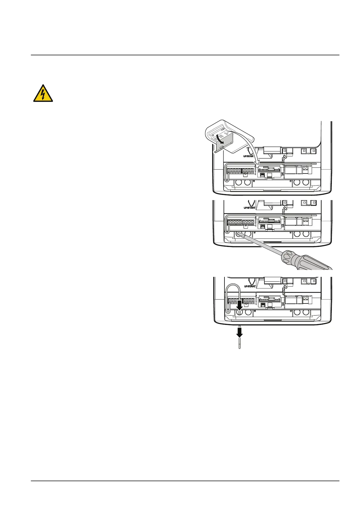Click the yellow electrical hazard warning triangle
(43, 94)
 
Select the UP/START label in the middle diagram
(250, 208)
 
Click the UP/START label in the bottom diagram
(250, 286)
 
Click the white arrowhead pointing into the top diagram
(257, 164)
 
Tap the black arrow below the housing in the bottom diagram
(240, 332)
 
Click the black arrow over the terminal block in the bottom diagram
(240, 306)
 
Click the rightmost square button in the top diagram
(314, 151)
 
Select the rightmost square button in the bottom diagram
(314, 281)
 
